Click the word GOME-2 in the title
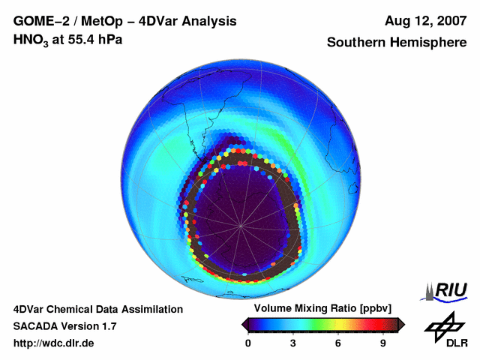(37, 21)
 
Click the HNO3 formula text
(31, 40)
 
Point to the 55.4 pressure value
(79, 39)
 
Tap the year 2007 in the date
(448, 21)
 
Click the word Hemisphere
(430, 43)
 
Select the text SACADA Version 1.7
(64, 326)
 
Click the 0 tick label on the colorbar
(248, 343)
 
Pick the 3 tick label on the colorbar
(293, 343)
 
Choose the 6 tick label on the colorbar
(338, 343)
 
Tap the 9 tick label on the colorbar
(382, 343)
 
